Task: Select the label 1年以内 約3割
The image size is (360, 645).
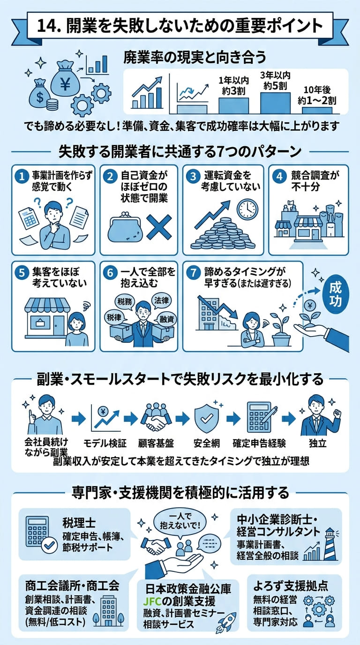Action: (x=233, y=85)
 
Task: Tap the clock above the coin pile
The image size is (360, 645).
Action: (x=247, y=209)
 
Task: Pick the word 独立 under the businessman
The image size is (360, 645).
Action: (x=317, y=442)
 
